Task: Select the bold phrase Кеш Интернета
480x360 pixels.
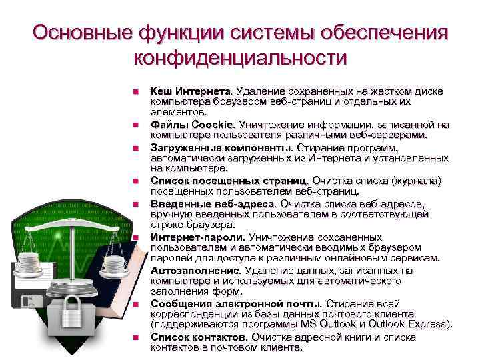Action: click(x=191, y=90)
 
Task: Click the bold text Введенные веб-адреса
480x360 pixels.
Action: click(x=213, y=203)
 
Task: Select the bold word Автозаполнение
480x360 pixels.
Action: click(x=196, y=270)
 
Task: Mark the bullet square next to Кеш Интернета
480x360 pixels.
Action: click(x=135, y=91)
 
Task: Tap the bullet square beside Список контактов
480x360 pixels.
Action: click(x=135, y=337)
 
